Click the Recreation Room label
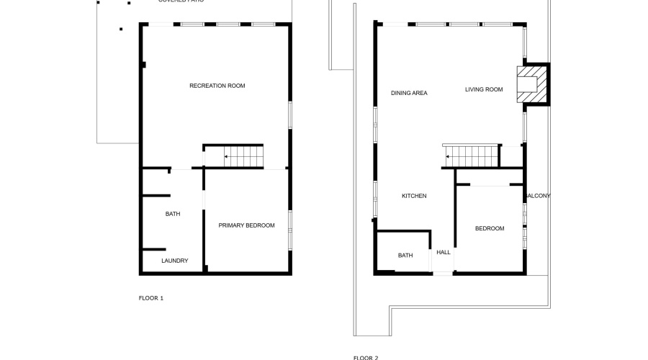point(217,86)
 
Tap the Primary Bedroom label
point(246,225)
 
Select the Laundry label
point(174,261)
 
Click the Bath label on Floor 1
point(173,214)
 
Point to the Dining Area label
point(409,93)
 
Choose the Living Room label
point(483,89)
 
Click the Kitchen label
point(414,196)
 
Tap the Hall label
point(444,252)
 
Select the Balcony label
point(538,196)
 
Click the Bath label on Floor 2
point(405,255)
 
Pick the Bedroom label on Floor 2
point(490,228)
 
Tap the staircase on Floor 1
point(243,156)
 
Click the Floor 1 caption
point(151,297)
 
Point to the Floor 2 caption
point(365,357)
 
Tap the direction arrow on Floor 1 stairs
point(226,156)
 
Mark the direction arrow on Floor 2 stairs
point(448,156)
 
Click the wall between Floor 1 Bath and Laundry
point(156,249)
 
